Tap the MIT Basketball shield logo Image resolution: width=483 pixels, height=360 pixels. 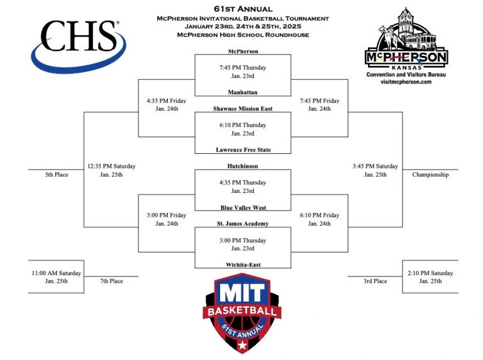(x=242, y=313)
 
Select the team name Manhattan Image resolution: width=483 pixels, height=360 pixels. (x=242, y=92)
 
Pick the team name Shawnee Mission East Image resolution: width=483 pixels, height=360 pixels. (x=242, y=109)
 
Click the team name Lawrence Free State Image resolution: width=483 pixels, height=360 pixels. (x=242, y=150)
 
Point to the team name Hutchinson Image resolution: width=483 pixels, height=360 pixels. (x=242, y=166)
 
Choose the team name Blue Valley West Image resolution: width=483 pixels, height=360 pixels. (x=242, y=207)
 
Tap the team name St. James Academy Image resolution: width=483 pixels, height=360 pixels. (x=242, y=224)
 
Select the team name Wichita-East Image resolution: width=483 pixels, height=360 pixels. (x=242, y=265)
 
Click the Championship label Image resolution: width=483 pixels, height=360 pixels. (x=430, y=175)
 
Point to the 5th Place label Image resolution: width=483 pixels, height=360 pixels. (x=57, y=175)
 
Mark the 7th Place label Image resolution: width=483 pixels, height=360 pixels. (x=111, y=281)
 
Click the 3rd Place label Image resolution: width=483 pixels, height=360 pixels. (x=375, y=281)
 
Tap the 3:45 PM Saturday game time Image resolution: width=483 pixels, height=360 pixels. (x=375, y=166)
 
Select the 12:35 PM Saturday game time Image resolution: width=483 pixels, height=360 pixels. (x=111, y=166)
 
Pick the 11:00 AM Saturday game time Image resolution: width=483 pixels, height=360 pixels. (x=56, y=273)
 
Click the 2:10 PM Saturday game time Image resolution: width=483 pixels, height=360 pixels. (x=430, y=273)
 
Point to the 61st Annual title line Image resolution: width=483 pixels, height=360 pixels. (x=242, y=9)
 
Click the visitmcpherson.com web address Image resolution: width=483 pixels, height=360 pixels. (x=406, y=82)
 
